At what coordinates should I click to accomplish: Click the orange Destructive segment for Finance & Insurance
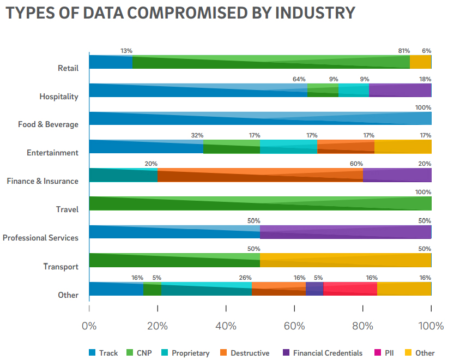coord(260,175)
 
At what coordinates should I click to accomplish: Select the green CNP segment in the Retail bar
coord(271,62)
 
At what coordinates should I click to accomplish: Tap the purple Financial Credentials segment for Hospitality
coord(400,90)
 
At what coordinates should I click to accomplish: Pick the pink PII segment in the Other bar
coord(350,289)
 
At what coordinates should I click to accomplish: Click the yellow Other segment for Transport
coord(346,260)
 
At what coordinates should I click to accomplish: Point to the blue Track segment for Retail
coord(111,62)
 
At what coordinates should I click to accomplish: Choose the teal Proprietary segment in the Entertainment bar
coord(288,147)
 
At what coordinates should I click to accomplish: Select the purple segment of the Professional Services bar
coord(346,232)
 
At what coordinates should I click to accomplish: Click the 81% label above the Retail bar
coord(403,51)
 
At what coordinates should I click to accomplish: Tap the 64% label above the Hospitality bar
coord(299,79)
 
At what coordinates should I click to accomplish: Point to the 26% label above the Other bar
coord(245,278)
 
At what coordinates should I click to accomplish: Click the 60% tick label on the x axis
coord(294,326)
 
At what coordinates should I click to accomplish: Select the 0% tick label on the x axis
coord(89,326)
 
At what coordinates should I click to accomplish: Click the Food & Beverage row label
coord(48,124)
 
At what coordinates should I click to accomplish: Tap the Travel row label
coord(67,209)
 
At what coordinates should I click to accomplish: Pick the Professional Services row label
coord(40,238)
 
